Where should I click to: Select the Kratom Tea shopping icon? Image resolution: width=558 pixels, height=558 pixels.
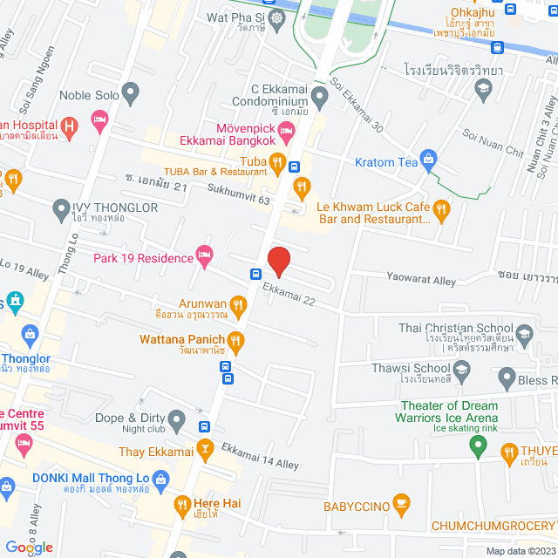(428, 158)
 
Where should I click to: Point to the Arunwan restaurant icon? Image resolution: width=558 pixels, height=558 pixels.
(240, 303)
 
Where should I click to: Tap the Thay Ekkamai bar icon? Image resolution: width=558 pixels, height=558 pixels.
(205, 450)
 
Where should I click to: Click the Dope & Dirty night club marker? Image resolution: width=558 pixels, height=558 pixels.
(178, 421)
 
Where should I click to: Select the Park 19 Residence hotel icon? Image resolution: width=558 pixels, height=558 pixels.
(205, 256)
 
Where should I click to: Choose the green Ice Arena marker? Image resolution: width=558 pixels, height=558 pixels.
(477, 446)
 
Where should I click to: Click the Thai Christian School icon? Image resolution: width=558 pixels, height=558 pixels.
(524, 333)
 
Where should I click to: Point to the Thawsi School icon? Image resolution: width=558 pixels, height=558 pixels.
(460, 373)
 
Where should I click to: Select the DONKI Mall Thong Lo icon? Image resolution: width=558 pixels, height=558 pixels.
(160, 479)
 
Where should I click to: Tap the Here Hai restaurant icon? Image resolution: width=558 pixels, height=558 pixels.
(182, 504)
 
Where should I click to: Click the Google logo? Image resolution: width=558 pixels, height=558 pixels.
(29, 547)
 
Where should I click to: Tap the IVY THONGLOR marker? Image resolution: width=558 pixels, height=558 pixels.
(61, 208)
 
